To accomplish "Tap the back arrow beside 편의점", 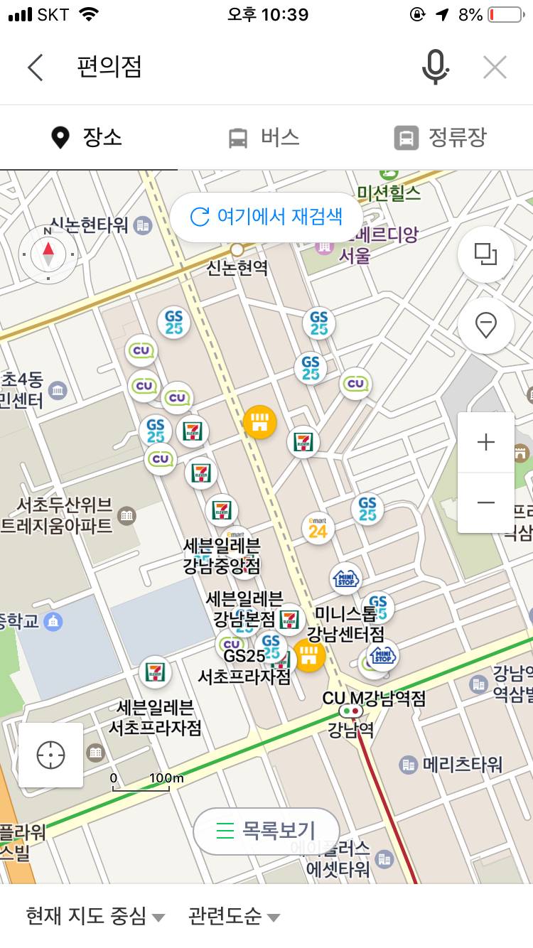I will pos(36,68).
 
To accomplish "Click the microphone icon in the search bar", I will pos(435,68).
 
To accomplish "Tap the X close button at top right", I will pos(495,68).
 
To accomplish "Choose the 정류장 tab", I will pos(441,137).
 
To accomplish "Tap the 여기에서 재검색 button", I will pos(266,217).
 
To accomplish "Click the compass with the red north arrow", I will pos(48,252).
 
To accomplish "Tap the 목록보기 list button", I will pos(266,831).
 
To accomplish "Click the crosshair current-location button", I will pos(51,755).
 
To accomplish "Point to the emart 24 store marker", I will pos(318,529).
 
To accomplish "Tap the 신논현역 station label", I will pos(237,266).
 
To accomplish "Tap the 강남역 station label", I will pos(350,729).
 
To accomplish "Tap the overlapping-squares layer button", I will pos(486,254).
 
